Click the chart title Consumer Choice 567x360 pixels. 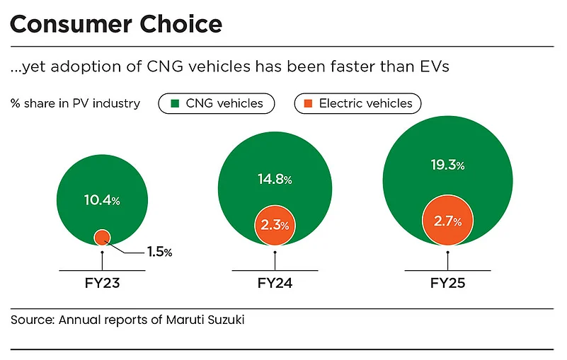(x=116, y=24)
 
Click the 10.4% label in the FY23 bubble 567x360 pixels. (x=102, y=200)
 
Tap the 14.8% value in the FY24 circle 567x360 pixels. (x=275, y=179)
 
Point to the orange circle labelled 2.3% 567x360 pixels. (x=275, y=225)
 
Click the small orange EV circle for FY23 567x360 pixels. (x=102, y=237)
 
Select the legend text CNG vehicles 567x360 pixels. (x=224, y=103)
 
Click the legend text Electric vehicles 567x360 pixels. (x=365, y=103)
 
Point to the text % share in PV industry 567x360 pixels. (x=75, y=103)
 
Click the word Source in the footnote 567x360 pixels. (x=32, y=320)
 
